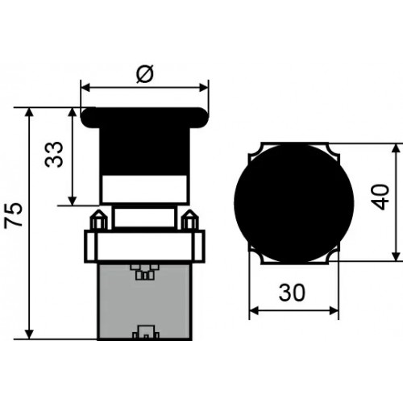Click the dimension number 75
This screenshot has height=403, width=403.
pos(14,215)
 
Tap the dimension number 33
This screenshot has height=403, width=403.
pos(54,155)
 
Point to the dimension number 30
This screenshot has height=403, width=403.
pos(292,292)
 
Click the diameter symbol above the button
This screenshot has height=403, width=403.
pos(145,73)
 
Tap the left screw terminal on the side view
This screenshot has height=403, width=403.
pos(98,220)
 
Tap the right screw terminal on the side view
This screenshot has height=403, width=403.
pos(189,220)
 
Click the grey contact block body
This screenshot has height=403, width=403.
pos(144,302)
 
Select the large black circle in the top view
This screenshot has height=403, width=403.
pos(294,203)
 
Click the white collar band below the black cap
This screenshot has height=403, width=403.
pos(144,189)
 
